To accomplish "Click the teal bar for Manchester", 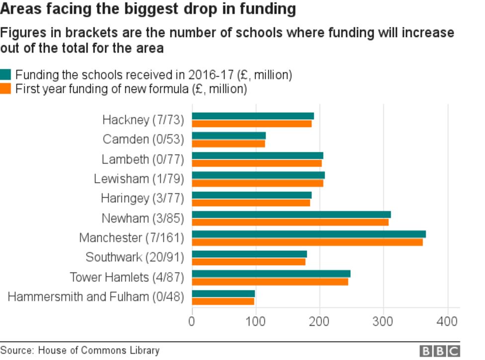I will pyautogui.click(x=309, y=234).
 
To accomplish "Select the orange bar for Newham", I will pyautogui.click(x=290, y=222).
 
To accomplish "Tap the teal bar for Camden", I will pyautogui.click(x=229, y=136).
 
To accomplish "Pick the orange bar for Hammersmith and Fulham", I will pyautogui.click(x=223, y=301).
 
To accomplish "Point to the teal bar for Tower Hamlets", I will pyautogui.click(x=271, y=274).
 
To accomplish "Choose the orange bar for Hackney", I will pyautogui.click(x=251, y=124).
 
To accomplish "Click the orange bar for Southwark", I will pyautogui.click(x=248, y=262).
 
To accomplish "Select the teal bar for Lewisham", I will pyautogui.click(x=258, y=175).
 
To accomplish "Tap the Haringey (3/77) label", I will pyautogui.click(x=142, y=199).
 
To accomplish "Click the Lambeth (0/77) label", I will pyautogui.click(x=143, y=159).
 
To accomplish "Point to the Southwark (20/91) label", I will pyautogui.click(x=135, y=258).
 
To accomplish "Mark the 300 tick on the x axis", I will pyautogui.click(x=384, y=322).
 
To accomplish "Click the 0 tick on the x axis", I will pyautogui.click(x=192, y=322).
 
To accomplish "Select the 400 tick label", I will pyautogui.click(x=448, y=322).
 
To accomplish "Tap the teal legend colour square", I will pyautogui.click(x=5, y=75).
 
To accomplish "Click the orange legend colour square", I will pyautogui.click(x=5, y=89).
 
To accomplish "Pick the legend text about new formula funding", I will pyautogui.click(x=131, y=89).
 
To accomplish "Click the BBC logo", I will pyautogui.click(x=439, y=351).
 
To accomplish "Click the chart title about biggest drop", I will pyautogui.click(x=148, y=9).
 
